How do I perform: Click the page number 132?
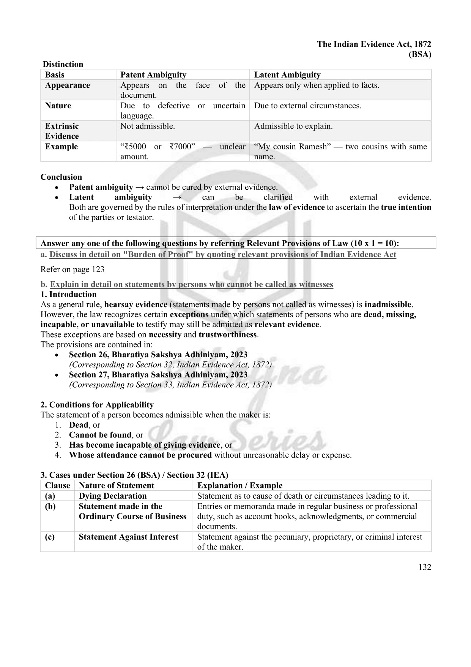coord(425,567)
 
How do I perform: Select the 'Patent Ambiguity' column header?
coord(153,75)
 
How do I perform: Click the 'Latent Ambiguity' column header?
coord(287,75)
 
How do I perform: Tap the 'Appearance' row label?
coord(67,85)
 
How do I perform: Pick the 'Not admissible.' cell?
coord(147,126)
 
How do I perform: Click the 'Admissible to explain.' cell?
coord(293,126)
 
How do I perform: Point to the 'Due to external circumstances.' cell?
coord(307,106)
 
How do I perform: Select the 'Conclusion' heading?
coord(61,177)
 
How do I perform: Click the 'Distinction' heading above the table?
coord(63,64)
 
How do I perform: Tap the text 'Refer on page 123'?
coord(72,269)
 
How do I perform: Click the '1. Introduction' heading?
coord(68,294)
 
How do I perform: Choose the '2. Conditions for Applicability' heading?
coord(97,405)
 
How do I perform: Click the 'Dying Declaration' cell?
coord(112,496)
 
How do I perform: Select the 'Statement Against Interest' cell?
coord(128,537)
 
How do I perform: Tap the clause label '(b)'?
coord(50,506)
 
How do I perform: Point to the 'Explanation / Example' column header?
coord(239,485)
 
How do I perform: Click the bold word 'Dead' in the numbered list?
coord(79,425)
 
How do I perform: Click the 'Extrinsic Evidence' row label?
coord(62,131)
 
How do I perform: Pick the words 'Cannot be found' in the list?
coord(100,435)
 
